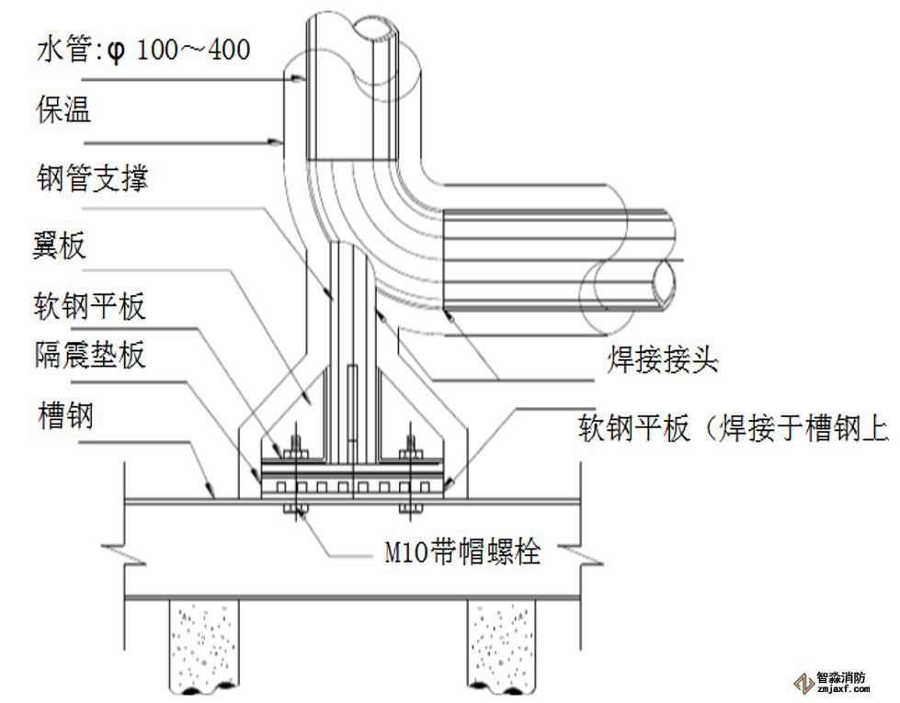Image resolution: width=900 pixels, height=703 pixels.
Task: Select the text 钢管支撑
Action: tap(91, 177)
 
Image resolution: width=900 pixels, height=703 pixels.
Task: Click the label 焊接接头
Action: tap(662, 360)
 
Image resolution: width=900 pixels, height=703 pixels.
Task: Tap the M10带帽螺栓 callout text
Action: tap(461, 552)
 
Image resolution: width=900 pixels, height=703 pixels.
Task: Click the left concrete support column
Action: tap(202, 647)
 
